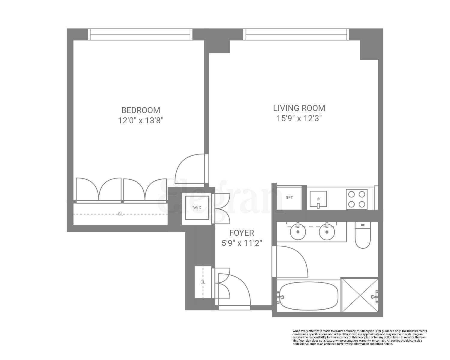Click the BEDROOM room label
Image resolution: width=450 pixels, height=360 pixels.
(x=140, y=110)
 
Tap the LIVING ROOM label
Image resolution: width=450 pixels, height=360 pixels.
(x=299, y=108)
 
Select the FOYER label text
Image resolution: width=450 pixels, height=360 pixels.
(x=241, y=233)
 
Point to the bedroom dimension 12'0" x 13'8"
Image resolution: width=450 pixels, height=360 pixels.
(x=140, y=121)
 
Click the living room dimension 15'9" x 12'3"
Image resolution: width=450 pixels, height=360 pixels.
(x=299, y=118)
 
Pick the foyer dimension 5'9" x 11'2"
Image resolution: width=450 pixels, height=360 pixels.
(x=242, y=243)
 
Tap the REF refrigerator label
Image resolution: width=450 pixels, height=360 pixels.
(x=289, y=198)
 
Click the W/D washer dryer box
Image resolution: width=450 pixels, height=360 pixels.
(x=197, y=208)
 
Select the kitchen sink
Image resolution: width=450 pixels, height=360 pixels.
(x=318, y=199)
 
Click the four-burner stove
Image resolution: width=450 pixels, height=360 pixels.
(x=357, y=199)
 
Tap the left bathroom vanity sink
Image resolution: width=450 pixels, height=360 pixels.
(x=298, y=232)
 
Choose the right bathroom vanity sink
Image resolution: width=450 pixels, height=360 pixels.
(x=327, y=232)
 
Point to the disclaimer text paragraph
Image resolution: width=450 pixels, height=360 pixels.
(x=359, y=337)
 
